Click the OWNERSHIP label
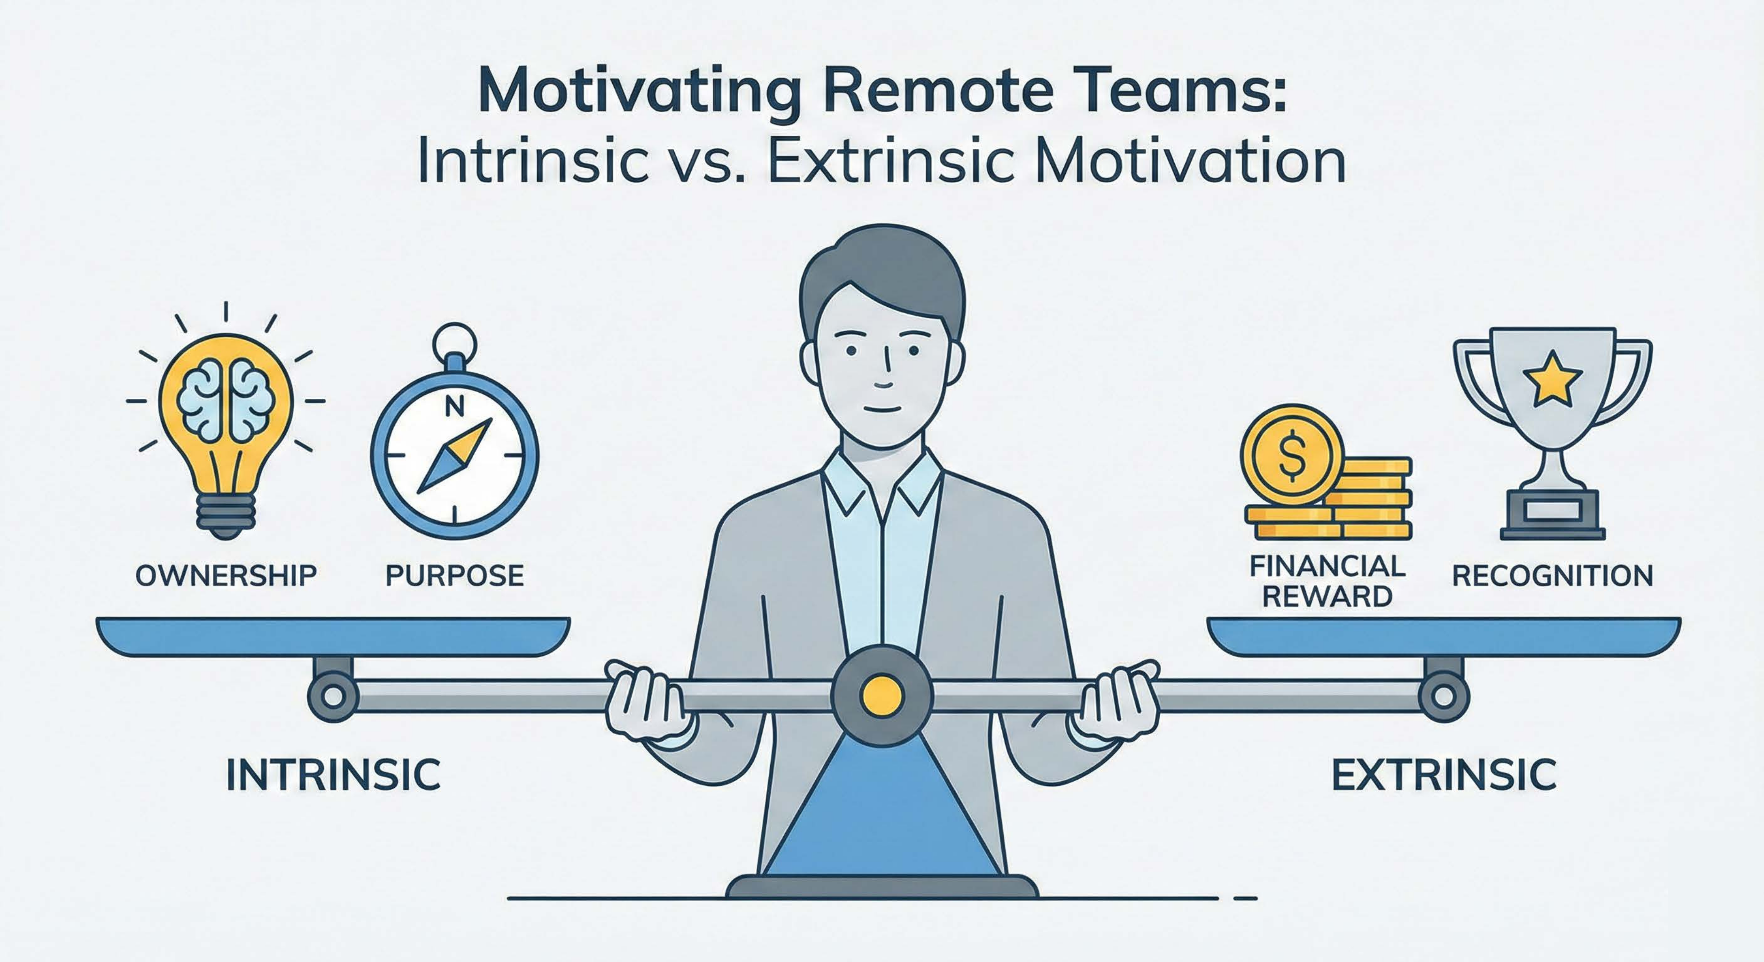[x=226, y=576]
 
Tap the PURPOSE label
[x=455, y=576]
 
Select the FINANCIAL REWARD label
[x=1327, y=582]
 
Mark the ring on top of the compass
[x=455, y=338]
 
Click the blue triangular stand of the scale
[x=882, y=808]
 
